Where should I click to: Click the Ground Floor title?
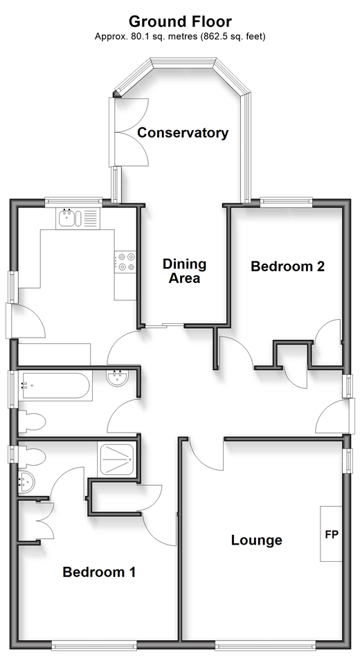pos(180,21)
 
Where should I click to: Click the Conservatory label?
pos(183,133)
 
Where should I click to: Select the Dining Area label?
pos(185,271)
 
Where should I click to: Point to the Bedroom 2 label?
pos(287,266)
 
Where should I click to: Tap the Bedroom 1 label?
pos(99,572)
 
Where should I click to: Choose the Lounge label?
pos(257,540)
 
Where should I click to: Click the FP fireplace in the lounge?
pos(331,534)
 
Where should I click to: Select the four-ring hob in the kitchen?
pos(125,262)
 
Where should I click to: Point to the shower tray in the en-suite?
pos(117,459)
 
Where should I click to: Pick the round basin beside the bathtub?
pos(119,379)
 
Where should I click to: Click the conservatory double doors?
pos(129,132)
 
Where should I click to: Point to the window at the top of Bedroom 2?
pos(287,201)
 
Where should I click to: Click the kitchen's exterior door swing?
pos(25,321)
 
